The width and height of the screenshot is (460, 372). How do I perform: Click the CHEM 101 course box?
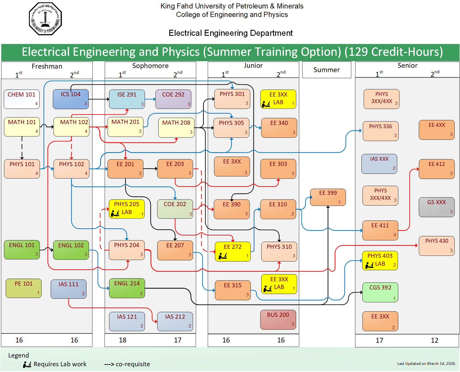coord(22,99)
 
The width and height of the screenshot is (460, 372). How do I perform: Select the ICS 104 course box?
coord(71,99)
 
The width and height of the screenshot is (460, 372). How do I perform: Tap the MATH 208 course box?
coord(176,127)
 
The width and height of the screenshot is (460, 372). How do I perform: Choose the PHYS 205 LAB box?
coord(127,209)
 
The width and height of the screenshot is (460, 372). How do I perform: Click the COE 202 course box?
coord(175,209)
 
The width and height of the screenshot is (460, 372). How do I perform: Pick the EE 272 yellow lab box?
coord(233,251)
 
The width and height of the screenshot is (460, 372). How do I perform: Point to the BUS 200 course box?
coord(278,320)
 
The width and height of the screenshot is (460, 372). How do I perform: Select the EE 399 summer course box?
coord(328,197)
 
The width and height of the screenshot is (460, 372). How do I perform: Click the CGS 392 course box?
coord(380,292)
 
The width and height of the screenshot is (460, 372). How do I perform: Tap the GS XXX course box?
coord(437,207)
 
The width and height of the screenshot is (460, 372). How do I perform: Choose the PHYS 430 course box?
coord(437,246)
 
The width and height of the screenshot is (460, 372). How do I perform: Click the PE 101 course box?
coord(24,288)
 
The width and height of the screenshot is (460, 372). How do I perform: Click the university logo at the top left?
coord(45,19)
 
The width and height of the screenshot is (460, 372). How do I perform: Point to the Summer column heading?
coord(327,70)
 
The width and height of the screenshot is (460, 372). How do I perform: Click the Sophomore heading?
coord(150,66)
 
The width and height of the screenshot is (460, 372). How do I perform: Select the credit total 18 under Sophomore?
coord(123,340)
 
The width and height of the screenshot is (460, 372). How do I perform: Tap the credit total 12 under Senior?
coord(434,340)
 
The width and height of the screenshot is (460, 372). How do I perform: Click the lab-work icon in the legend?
coord(27,364)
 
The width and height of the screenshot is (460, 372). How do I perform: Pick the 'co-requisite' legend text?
coord(133,364)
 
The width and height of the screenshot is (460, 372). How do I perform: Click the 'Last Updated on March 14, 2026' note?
coord(426,364)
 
